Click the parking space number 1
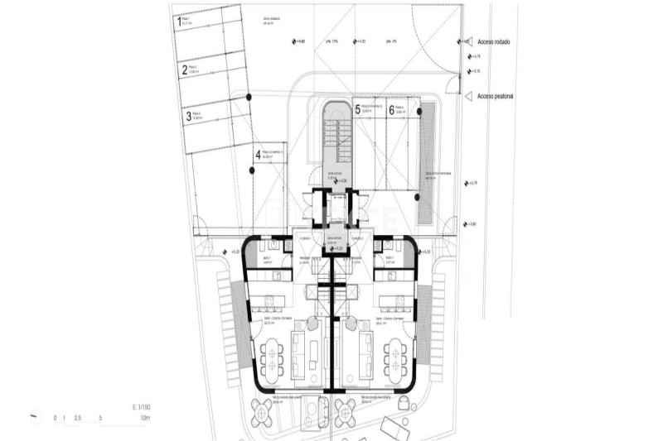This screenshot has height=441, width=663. (177, 22)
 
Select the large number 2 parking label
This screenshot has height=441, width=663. (185, 70)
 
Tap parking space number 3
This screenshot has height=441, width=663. (188, 117)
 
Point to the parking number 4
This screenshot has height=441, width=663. (259, 153)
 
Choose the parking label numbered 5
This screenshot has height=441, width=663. (357, 108)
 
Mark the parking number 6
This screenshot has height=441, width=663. (390, 108)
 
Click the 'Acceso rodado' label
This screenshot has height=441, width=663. (496, 40)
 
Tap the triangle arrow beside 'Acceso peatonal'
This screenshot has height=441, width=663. (470, 96)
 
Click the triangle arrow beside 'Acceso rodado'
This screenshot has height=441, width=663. (469, 40)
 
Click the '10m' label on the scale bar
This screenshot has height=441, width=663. (145, 419)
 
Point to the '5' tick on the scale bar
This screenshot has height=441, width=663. (99, 419)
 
